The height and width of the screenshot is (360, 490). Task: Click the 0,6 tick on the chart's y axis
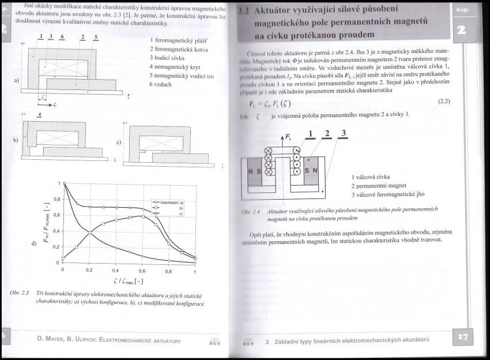[x=56, y=215]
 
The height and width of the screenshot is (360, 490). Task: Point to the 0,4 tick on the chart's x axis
[x=115, y=270]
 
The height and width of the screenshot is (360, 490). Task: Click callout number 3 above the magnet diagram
[x=344, y=134]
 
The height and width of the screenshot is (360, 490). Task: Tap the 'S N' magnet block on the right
[x=311, y=171]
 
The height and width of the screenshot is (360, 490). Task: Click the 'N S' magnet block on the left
[x=255, y=172]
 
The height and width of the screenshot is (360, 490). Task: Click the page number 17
[x=464, y=338]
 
